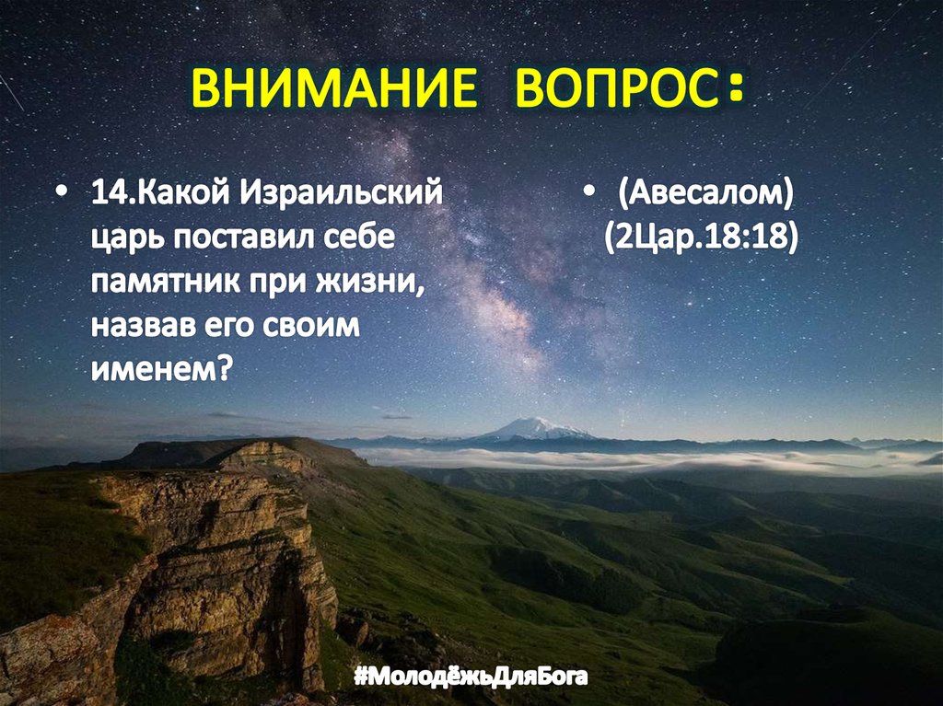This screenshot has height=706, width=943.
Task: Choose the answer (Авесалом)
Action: pos(705,196)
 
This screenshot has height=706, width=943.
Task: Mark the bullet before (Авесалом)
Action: pos(589,197)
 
